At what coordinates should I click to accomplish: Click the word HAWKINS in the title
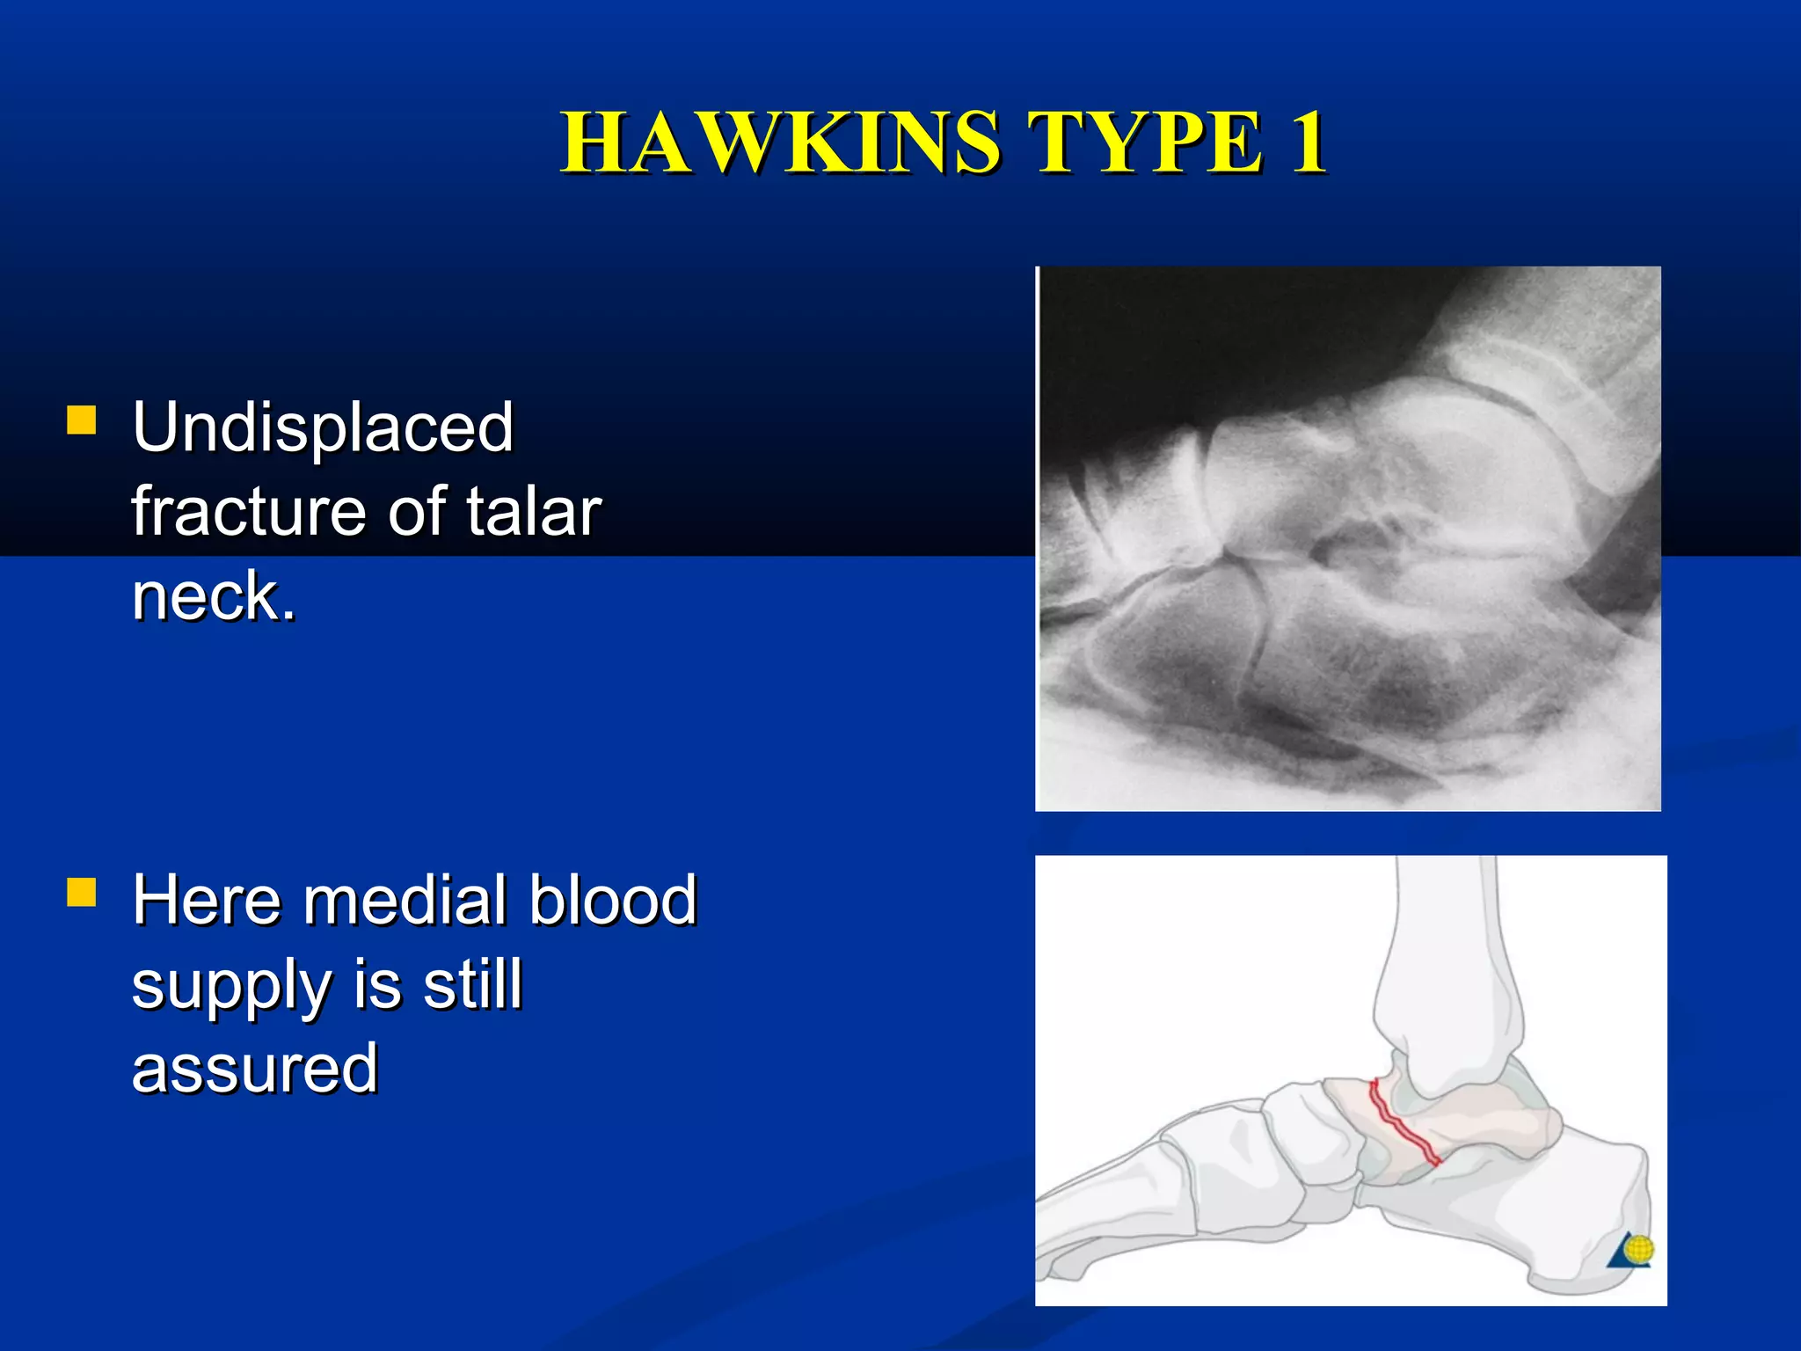coord(781,142)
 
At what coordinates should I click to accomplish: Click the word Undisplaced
coord(323,428)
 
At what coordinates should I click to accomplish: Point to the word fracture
coord(250,511)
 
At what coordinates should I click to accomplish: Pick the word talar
coord(534,511)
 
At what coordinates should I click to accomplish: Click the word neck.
coord(213,595)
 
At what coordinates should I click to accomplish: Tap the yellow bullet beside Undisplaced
coord(81,420)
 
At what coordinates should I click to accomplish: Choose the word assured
coord(254,1069)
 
